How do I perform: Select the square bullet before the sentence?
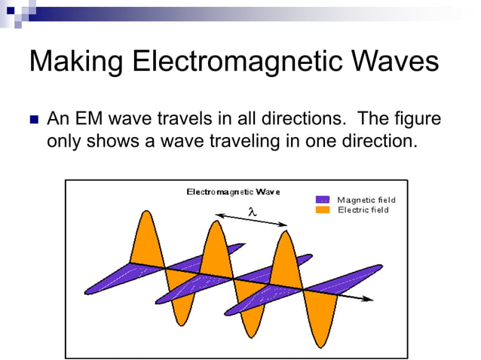(32, 121)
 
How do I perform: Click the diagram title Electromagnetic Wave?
(233, 191)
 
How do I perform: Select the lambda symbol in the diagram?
(253, 213)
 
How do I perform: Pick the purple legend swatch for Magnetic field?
(323, 200)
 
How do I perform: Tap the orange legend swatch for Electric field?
(323, 209)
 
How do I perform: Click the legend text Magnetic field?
(366, 200)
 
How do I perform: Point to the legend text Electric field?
(363, 209)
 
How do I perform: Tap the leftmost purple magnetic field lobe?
(113, 279)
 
